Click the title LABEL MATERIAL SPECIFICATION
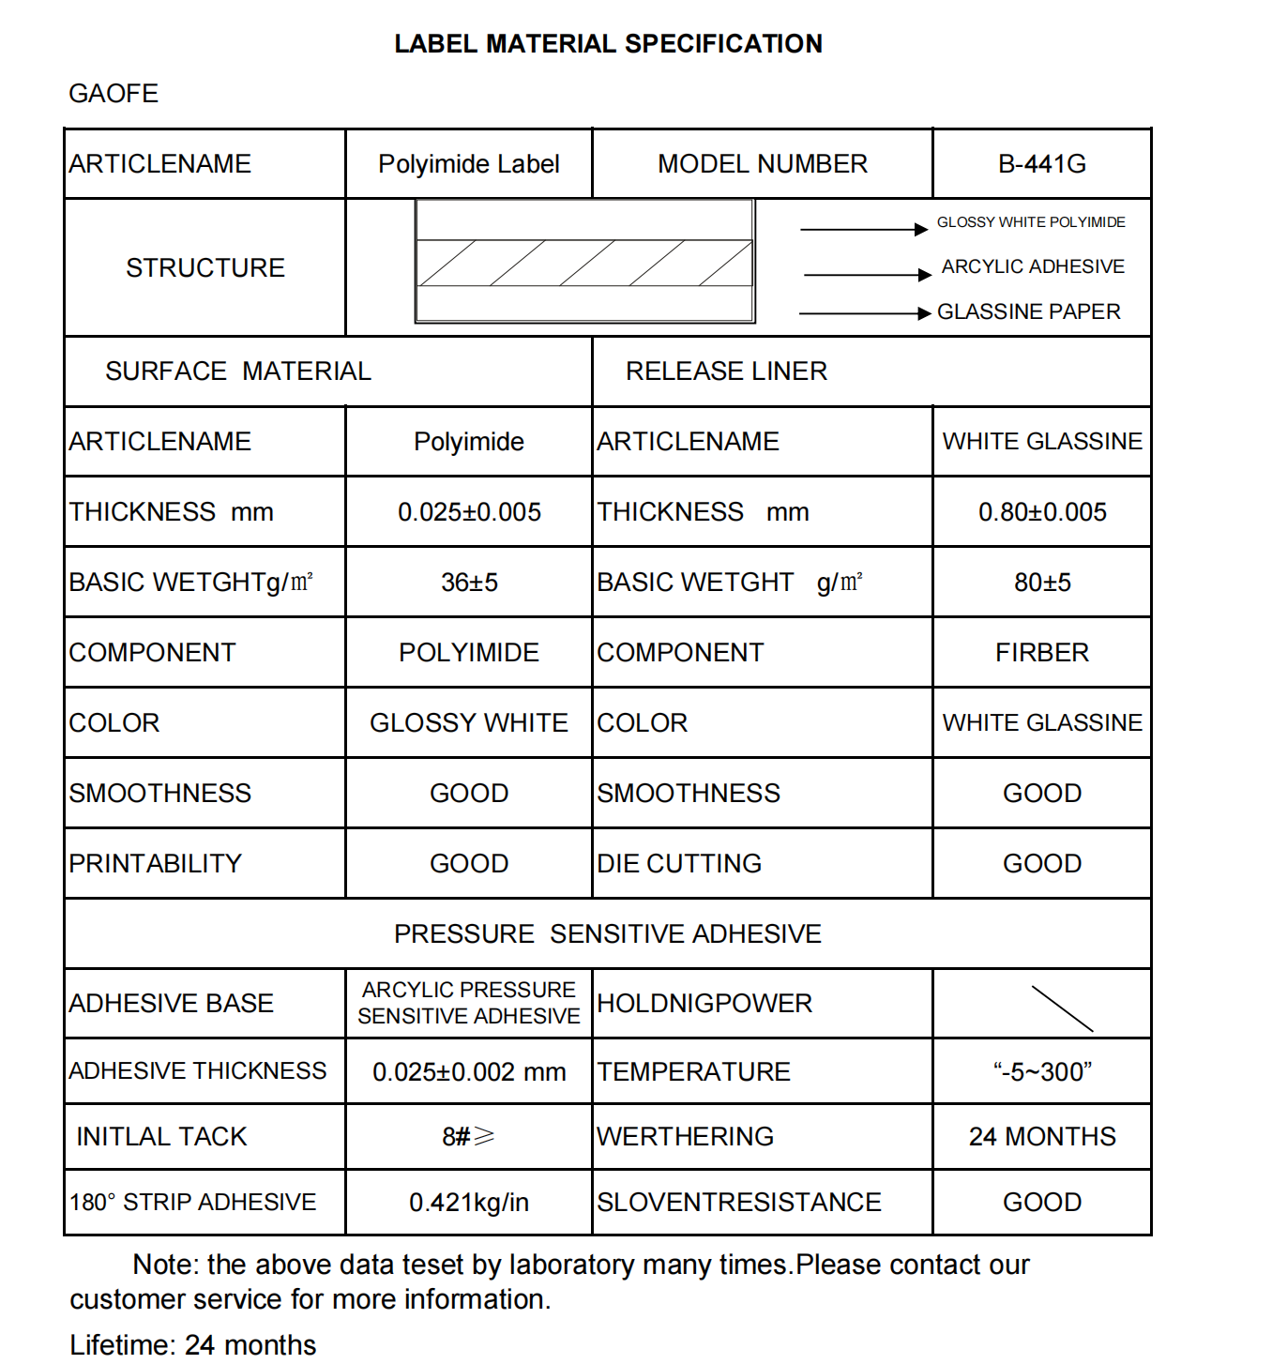click(608, 44)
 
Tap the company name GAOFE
click(114, 94)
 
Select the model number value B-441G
click(1041, 164)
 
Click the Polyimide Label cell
click(468, 164)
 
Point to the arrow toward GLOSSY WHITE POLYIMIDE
click(863, 229)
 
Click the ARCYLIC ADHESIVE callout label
click(1033, 267)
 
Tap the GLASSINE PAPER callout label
click(1028, 311)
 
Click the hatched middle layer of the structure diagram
click(584, 264)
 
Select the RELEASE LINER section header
click(726, 371)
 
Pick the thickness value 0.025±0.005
click(469, 512)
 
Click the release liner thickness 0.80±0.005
click(1041, 512)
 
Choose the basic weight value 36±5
click(469, 583)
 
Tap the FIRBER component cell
click(1041, 653)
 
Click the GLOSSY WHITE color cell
click(469, 723)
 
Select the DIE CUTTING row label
click(679, 864)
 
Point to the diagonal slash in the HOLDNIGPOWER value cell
click(1062, 1008)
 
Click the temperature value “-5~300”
click(1041, 1072)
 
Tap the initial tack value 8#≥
click(468, 1137)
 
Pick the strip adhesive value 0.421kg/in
click(469, 1203)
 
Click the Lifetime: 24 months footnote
click(192, 1345)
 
